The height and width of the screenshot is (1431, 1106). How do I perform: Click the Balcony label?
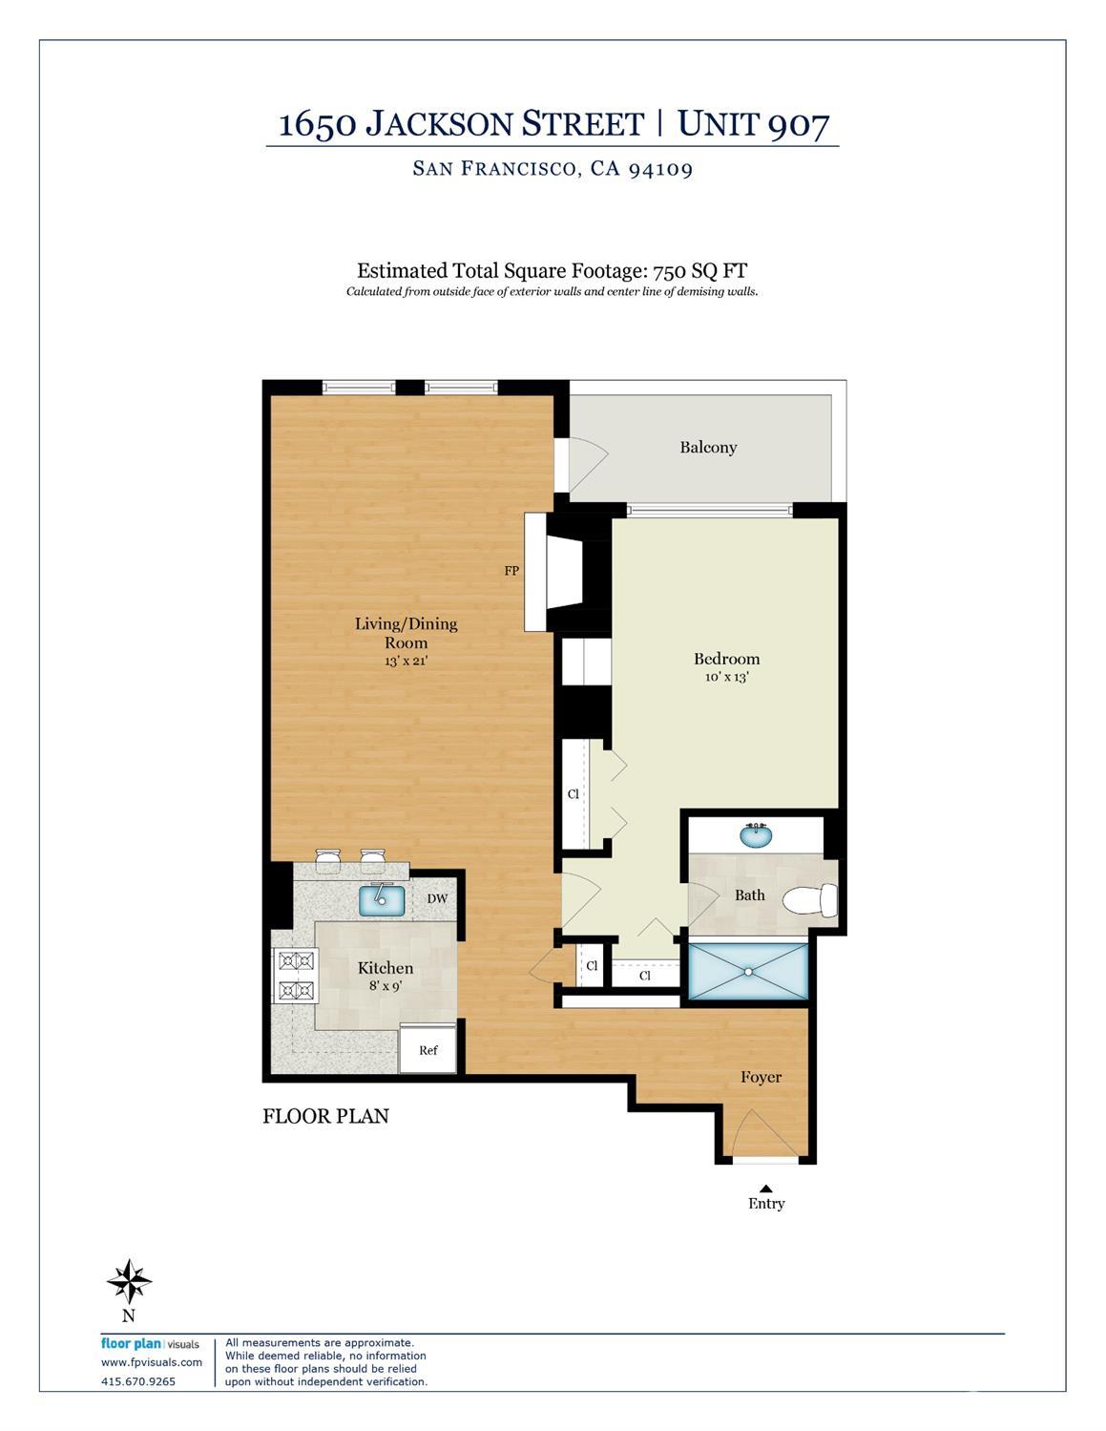click(708, 448)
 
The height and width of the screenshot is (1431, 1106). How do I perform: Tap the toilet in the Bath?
click(810, 899)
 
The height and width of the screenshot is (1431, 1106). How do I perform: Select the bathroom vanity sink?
click(756, 836)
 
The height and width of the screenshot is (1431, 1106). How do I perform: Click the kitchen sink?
click(382, 900)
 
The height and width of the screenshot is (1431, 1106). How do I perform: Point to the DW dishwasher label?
click(437, 899)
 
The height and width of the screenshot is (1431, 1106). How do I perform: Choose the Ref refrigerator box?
click(428, 1050)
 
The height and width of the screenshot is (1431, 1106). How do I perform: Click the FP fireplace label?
click(511, 571)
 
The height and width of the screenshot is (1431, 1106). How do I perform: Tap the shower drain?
click(748, 971)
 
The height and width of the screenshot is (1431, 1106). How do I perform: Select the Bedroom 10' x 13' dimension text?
click(727, 677)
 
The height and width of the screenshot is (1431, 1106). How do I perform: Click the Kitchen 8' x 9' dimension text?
click(386, 986)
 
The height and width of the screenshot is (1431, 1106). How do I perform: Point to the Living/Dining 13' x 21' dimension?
click(407, 661)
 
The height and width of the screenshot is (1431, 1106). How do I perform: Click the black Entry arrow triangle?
click(765, 1189)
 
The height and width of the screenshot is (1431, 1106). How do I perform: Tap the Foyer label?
click(762, 1078)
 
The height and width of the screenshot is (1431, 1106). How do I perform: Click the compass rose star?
click(129, 1281)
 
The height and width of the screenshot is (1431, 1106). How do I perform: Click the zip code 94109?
click(660, 169)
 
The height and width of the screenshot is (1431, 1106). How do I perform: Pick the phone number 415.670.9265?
click(138, 1381)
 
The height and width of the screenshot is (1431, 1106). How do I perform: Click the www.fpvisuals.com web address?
click(152, 1362)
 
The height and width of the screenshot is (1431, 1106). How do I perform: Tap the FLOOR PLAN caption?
click(325, 1116)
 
